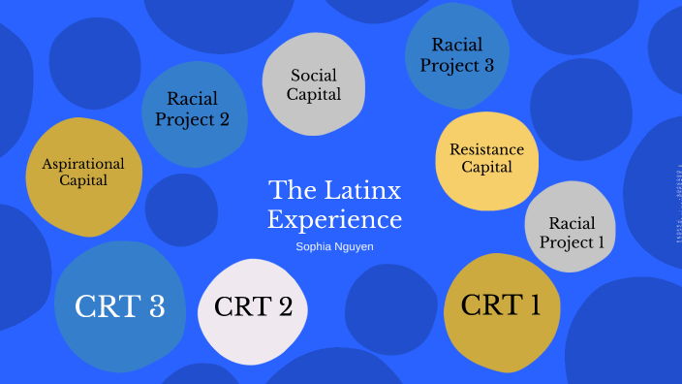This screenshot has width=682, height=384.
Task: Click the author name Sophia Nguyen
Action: click(334, 246)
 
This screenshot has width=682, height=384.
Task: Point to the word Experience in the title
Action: click(334, 219)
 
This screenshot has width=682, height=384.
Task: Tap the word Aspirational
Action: click(83, 163)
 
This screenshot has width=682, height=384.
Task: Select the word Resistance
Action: click(486, 149)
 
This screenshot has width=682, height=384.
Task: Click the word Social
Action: click(315, 75)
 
